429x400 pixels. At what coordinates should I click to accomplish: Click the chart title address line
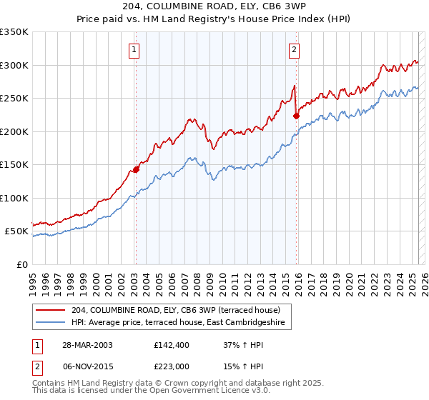click(214, 7)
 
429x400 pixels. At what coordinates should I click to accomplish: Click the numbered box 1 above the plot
click(134, 49)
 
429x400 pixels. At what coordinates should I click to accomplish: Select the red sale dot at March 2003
click(135, 170)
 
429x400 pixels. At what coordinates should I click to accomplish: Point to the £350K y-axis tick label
click(14, 32)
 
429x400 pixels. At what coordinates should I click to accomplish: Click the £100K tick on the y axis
click(14, 198)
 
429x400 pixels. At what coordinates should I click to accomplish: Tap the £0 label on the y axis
click(22, 264)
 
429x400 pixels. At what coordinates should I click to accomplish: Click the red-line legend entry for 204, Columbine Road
click(171, 310)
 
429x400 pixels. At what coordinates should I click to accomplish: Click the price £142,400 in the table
click(170, 344)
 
